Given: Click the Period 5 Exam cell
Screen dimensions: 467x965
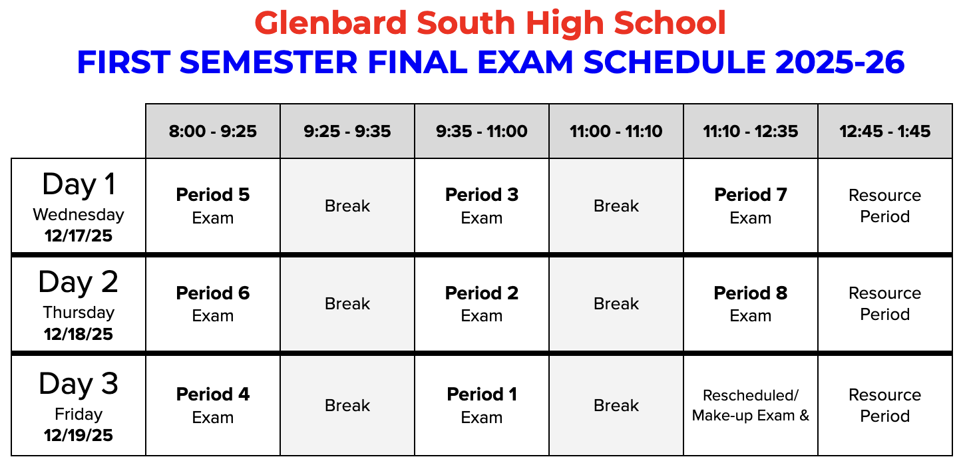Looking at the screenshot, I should (x=213, y=206).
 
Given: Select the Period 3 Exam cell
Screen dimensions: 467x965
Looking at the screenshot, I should (x=482, y=206).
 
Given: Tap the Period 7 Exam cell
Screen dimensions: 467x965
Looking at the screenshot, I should (x=751, y=206).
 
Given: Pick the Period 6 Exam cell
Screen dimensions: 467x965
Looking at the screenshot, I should (x=213, y=304).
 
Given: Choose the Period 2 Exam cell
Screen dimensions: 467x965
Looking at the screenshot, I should (x=482, y=304).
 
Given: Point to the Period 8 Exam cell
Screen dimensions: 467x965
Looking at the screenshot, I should (x=751, y=304).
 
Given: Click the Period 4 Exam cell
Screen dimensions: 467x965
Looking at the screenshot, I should (x=213, y=405).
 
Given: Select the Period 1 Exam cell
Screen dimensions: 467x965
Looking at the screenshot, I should (x=482, y=405).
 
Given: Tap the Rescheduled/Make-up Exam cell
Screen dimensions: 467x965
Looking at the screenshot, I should (x=751, y=405).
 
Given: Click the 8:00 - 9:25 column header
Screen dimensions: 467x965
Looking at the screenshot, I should (x=213, y=131).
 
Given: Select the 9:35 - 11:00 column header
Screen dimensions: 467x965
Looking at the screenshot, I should (x=482, y=131).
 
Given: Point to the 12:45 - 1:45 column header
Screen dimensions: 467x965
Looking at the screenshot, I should (x=885, y=131).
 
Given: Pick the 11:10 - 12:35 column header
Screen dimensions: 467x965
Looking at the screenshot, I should (x=751, y=131).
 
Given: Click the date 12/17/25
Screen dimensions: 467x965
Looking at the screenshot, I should (x=79, y=235).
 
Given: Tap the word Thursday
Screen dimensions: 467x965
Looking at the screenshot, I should (x=79, y=312).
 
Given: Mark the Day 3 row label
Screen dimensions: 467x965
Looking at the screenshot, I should (x=79, y=384).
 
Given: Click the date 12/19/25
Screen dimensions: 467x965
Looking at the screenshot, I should (x=79, y=436).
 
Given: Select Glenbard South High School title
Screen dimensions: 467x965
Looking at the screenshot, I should (x=490, y=24).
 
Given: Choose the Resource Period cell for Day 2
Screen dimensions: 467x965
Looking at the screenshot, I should (x=885, y=304).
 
